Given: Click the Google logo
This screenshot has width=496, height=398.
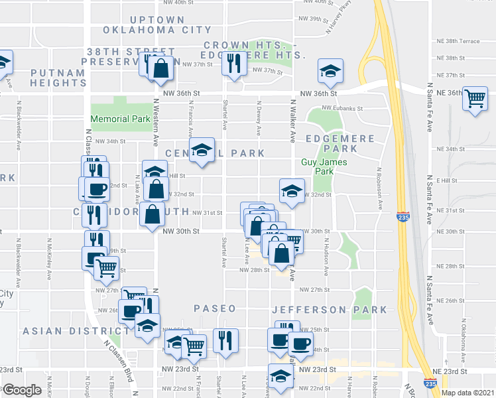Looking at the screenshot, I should coord(23,390).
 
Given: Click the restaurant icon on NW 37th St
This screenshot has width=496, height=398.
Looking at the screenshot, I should coord(232,63).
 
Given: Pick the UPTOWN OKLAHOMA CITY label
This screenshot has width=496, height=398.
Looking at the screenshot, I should coord(148,25).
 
